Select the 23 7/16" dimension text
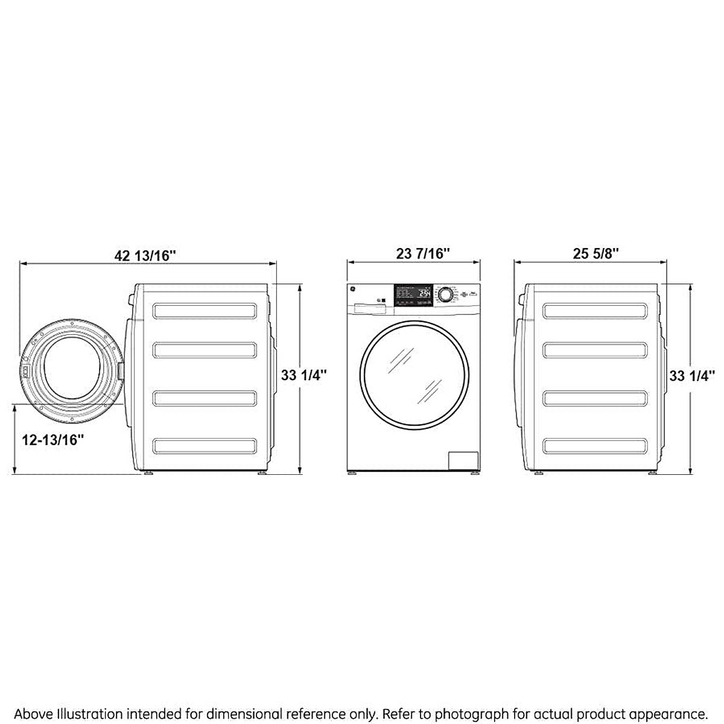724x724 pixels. pos(424,254)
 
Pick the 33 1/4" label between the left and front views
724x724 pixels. pos(303,375)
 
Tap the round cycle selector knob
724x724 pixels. pos(445,294)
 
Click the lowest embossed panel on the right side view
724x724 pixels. pos(595,446)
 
